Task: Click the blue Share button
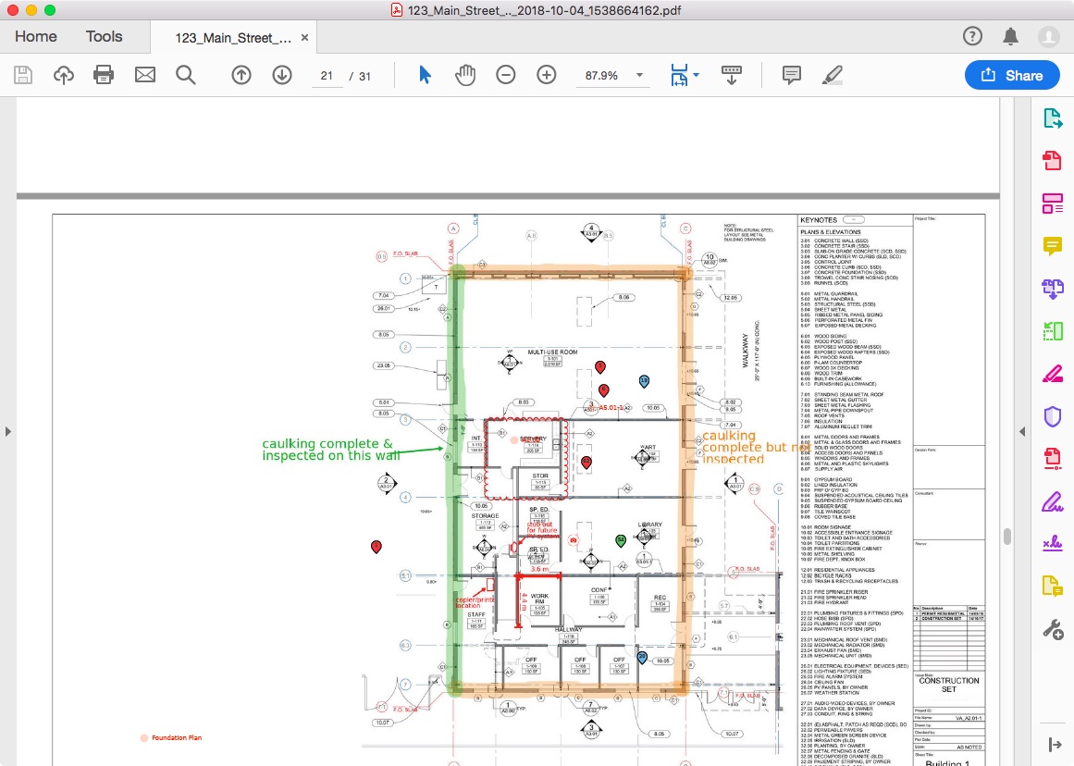coord(1012,76)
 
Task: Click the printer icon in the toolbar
coord(104,76)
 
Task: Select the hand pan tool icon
coord(464,76)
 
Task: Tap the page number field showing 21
coord(327,76)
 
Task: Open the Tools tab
coord(104,37)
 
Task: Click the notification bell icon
coord(1010,37)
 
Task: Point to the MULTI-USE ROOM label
coord(552,352)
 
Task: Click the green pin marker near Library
coord(621,540)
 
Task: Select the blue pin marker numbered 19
coord(644,381)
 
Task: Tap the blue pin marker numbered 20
coord(642,632)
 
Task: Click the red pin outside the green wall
coord(376,547)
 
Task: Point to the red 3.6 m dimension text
coord(539,570)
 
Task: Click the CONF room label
coord(599,589)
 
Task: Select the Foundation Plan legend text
coord(177,738)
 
